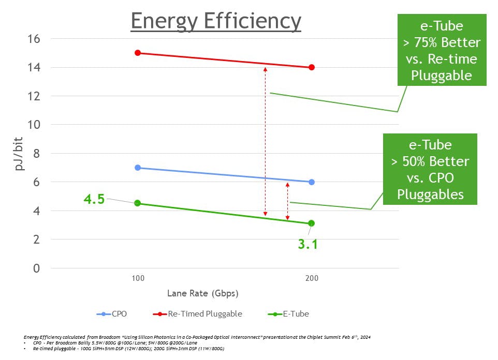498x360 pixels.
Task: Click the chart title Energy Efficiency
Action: (216, 21)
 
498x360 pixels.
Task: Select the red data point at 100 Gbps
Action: (138, 53)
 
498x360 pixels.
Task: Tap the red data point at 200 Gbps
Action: (312, 67)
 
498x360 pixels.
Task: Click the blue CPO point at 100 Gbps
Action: (138, 168)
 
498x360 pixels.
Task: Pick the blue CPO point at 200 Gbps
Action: (312, 182)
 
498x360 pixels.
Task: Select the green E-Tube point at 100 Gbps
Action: (138, 203)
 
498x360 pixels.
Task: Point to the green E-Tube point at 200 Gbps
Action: (312, 223)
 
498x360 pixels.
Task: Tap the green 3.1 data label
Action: (307, 244)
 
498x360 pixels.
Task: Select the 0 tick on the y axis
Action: (37, 268)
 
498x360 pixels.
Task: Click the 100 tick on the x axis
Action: (138, 279)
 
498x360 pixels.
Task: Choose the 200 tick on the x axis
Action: (312, 279)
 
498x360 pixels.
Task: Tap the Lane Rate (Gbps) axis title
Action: (202, 294)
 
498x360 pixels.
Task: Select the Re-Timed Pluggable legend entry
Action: (199, 313)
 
